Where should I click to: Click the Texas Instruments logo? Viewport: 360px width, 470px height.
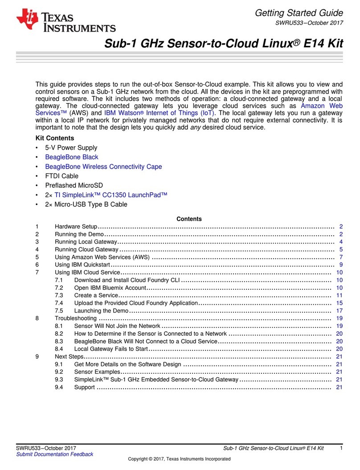[65, 21]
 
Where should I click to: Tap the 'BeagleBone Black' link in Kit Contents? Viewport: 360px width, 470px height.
[72, 157]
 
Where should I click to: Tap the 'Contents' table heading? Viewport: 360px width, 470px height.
[189, 219]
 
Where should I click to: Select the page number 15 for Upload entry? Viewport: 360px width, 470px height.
[339, 303]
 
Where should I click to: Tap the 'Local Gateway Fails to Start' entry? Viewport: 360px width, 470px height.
[111, 349]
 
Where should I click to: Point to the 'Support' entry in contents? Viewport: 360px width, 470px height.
[85, 387]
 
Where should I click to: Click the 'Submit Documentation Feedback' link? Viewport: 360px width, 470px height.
[55, 454]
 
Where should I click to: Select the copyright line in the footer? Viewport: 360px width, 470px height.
[179, 459]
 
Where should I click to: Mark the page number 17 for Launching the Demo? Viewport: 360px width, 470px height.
[339, 310]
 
